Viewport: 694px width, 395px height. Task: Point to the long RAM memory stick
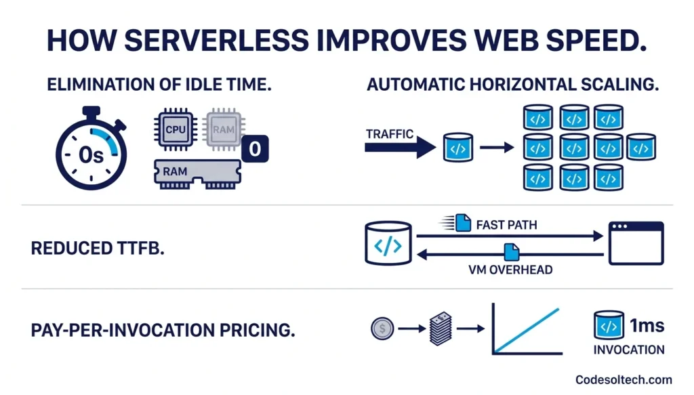tap(197, 173)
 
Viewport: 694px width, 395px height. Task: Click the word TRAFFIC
tap(390, 133)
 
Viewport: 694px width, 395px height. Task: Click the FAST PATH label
tap(507, 224)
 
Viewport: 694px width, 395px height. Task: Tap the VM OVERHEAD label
tap(510, 270)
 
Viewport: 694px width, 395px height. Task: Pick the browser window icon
tap(636, 243)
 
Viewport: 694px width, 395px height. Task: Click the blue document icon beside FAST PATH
tap(464, 222)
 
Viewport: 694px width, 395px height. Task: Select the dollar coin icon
tap(382, 329)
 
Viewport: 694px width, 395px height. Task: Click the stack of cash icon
tap(441, 329)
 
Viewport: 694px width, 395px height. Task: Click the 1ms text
tap(647, 325)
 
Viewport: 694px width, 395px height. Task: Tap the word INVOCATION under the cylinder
tap(629, 350)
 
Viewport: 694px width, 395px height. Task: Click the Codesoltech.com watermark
tap(624, 380)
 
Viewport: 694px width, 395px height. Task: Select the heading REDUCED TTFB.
tap(98, 249)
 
